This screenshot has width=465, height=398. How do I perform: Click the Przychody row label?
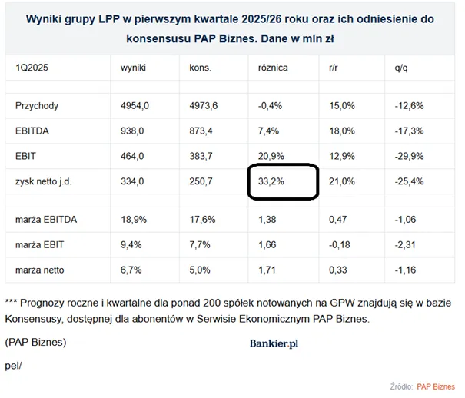click(37, 106)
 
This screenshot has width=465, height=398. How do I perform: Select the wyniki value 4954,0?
click(135, 106)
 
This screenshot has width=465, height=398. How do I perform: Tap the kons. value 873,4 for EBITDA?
click(201, 131)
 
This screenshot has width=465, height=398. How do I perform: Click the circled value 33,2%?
click(271, 181)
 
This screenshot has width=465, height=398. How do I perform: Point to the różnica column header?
click(273, 68)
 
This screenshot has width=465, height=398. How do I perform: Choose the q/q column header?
click(401, 68)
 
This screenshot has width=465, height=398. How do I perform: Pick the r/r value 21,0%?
click(341, 181)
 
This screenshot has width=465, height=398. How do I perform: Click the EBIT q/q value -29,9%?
click(409, 156)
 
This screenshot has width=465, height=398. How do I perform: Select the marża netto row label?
click(40, 270)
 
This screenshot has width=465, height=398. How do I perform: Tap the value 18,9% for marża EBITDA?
click(134, 220)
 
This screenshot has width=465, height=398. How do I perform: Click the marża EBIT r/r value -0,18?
click(339, 245)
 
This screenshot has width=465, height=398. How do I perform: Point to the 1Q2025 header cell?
click(32, 68)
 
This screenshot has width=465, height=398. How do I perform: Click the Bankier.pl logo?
click(274, 343)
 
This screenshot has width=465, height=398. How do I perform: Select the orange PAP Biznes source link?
click(436, 386)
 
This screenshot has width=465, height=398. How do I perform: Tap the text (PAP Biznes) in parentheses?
click(35, 342)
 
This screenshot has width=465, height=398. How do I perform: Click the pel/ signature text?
click(13, 366)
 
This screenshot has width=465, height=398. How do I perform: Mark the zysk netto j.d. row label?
click(43, 181)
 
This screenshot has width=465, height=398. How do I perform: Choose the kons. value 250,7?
click(201, 181)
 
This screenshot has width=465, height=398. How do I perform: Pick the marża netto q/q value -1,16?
click(405, 270)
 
